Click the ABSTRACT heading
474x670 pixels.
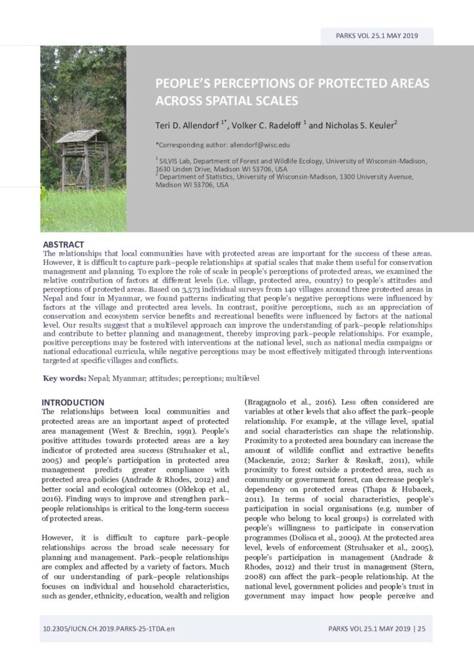click(x=63, y=245)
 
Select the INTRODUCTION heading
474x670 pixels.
click(x=73, y=402)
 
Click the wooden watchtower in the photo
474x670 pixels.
click(x=82, y=157)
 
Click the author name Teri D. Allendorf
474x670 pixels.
click(x=187, y=124)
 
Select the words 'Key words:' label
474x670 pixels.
click(x=64, y=378)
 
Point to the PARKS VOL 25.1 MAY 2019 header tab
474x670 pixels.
click(x=376, y=36)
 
